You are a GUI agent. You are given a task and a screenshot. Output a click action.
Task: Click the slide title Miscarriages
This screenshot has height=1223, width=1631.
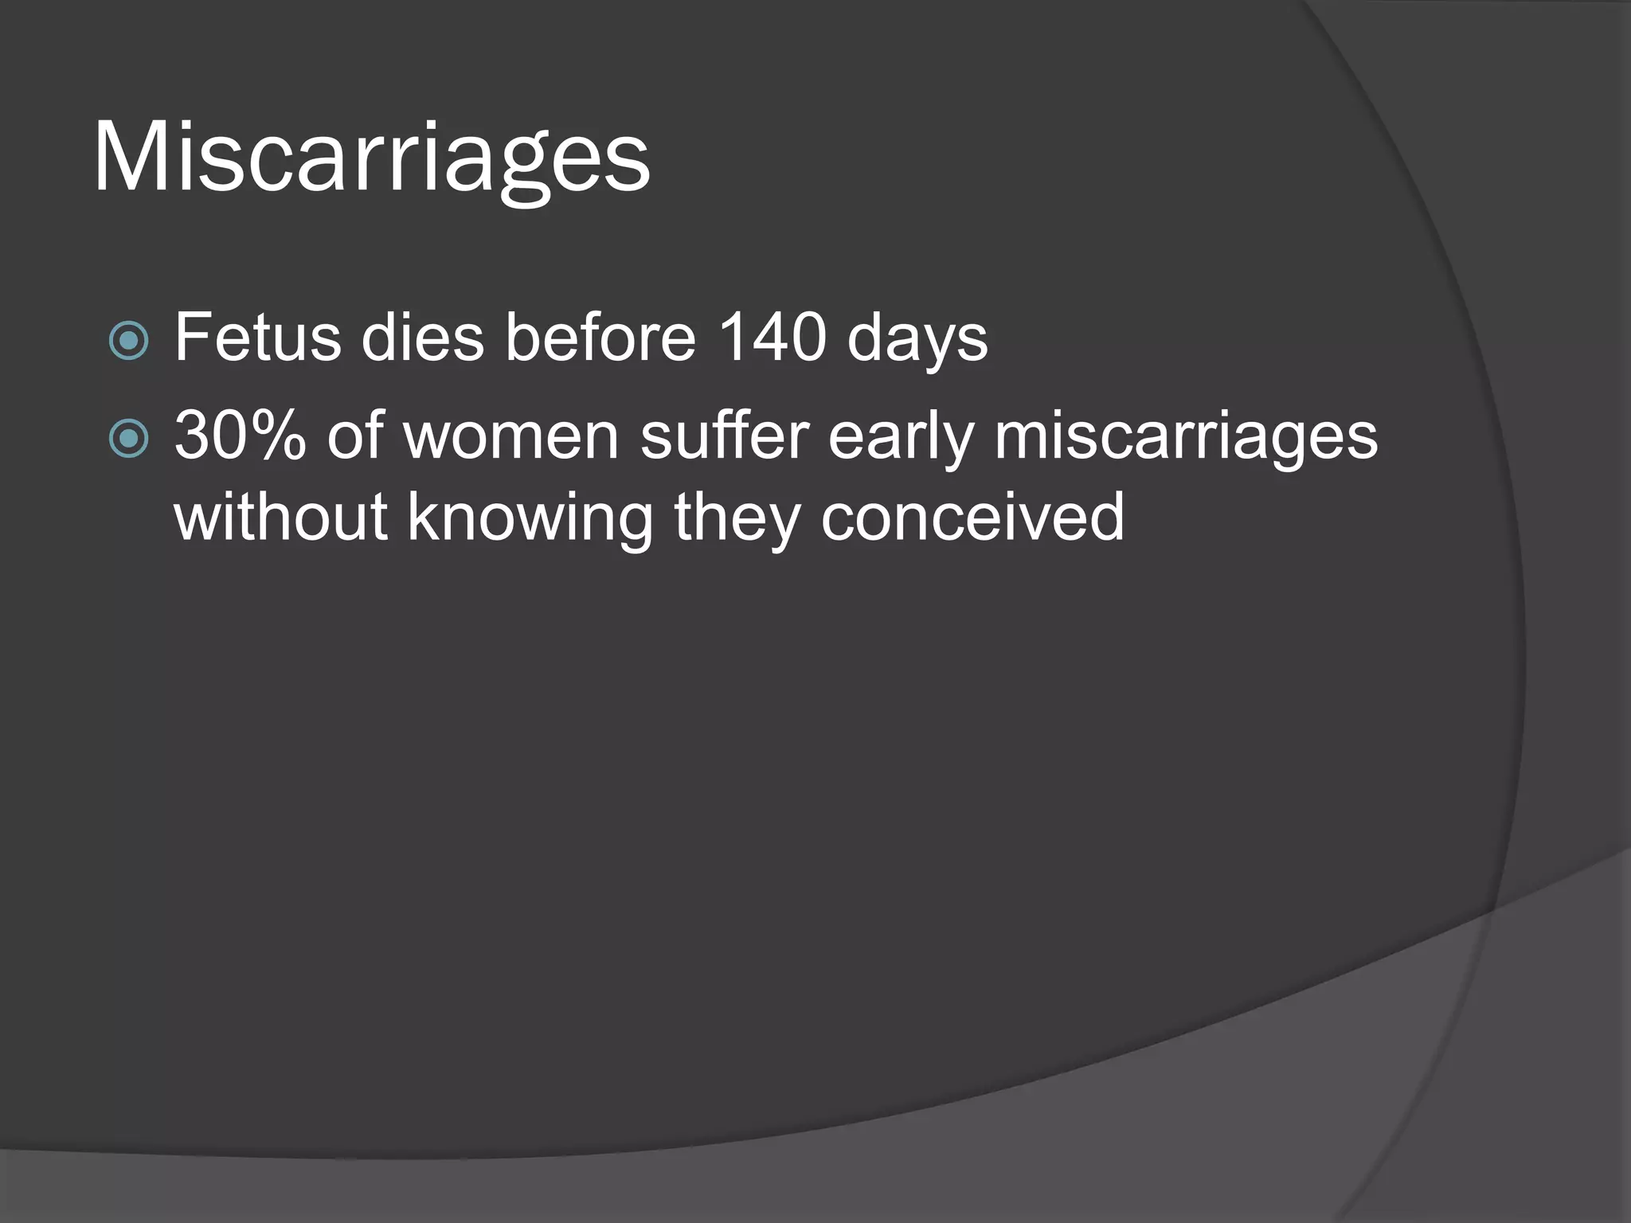[372, 157]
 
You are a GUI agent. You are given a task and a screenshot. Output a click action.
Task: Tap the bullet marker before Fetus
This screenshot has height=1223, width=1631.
[128, 341]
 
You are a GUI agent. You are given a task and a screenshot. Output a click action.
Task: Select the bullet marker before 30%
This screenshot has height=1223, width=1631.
[128, 439]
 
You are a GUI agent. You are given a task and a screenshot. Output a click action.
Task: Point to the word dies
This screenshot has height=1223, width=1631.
[423, 338]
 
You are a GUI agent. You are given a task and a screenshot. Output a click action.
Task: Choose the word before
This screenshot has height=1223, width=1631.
[601, 338]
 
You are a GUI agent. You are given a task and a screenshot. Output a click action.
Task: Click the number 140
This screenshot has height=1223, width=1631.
[772, 338]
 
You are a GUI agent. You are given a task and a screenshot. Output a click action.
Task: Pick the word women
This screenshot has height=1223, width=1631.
[511, 437]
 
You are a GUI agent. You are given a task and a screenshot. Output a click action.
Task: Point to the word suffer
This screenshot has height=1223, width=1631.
[724, 436]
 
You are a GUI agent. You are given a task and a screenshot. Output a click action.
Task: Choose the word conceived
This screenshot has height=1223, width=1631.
[972, 517]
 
